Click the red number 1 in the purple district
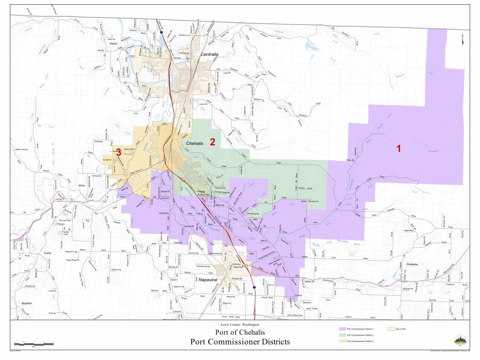[x=398, y=149]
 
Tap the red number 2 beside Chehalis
[x=212, y=142]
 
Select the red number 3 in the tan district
[x=119, y=152]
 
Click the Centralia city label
[x=210, y=54]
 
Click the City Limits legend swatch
[x=392, y=330]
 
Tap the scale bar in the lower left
[x=34, y=344]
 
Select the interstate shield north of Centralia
[x=162, y=33]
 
